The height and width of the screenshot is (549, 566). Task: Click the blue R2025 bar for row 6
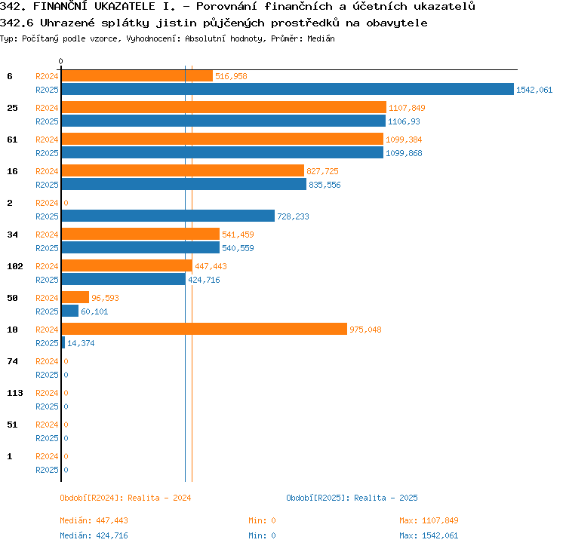coord(288,89)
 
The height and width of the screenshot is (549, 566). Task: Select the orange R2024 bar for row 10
coord(205,329)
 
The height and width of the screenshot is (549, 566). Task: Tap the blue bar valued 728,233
coord(168,216)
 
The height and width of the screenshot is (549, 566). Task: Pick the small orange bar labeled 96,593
coord(75,297)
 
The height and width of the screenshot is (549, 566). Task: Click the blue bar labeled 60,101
coord(70,311)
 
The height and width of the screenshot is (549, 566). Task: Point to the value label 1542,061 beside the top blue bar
coord(534,90)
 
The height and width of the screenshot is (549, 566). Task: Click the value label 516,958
coord(231,76)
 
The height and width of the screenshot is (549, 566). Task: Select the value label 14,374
coord(81,343)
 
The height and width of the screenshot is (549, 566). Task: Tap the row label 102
coord(15,266)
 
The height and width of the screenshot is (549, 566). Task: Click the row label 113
coord(15,393)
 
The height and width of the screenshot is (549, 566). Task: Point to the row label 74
coord(12,361)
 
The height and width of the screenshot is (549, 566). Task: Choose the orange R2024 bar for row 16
coord(183,170)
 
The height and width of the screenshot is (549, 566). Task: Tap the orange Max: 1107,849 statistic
coord(429,520)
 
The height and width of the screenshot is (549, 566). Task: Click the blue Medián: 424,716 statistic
coord(94,535)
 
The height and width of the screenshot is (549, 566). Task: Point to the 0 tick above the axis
coord(60,61)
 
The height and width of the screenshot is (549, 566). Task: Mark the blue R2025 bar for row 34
coord(141,247)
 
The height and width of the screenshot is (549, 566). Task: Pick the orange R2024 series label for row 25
coord(47,108)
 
